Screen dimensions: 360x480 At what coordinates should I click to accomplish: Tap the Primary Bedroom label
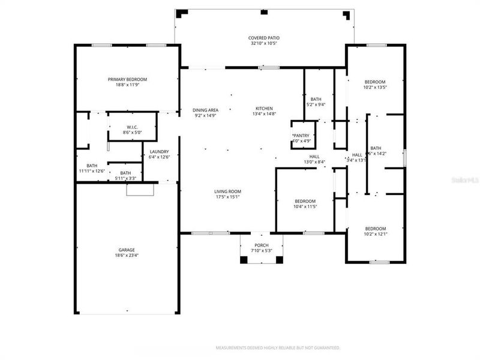click(127, 79)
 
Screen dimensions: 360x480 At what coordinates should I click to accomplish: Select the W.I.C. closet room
click(133, 127)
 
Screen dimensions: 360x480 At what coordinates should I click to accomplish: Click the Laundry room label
click(159, 152)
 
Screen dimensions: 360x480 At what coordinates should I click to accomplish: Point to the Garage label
click(126, 250)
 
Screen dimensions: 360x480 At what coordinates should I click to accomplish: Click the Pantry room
click(301, 136)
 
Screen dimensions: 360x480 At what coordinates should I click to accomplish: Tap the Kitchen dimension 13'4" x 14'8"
click(264, 113)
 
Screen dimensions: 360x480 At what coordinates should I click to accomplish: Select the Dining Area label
click(205, 110)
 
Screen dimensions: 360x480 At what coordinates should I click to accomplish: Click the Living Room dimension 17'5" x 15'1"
click(227, 197)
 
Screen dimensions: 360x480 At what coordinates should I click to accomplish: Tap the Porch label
click(261, 245)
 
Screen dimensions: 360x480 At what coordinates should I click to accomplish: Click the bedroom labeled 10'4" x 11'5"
click(304, 201)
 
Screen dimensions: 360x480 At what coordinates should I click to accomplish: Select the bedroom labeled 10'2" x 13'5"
click(375, 82)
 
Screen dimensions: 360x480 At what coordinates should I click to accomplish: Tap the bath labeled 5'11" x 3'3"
click(125, 173)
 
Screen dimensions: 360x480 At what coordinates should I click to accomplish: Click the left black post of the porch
click(244, 259)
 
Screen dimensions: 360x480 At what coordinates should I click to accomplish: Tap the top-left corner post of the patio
click(184, 12)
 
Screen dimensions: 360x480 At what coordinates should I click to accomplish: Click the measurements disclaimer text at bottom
click(278, 347)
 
